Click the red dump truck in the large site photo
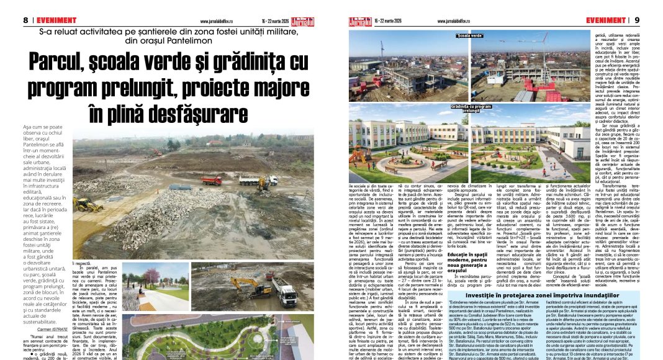211,180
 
